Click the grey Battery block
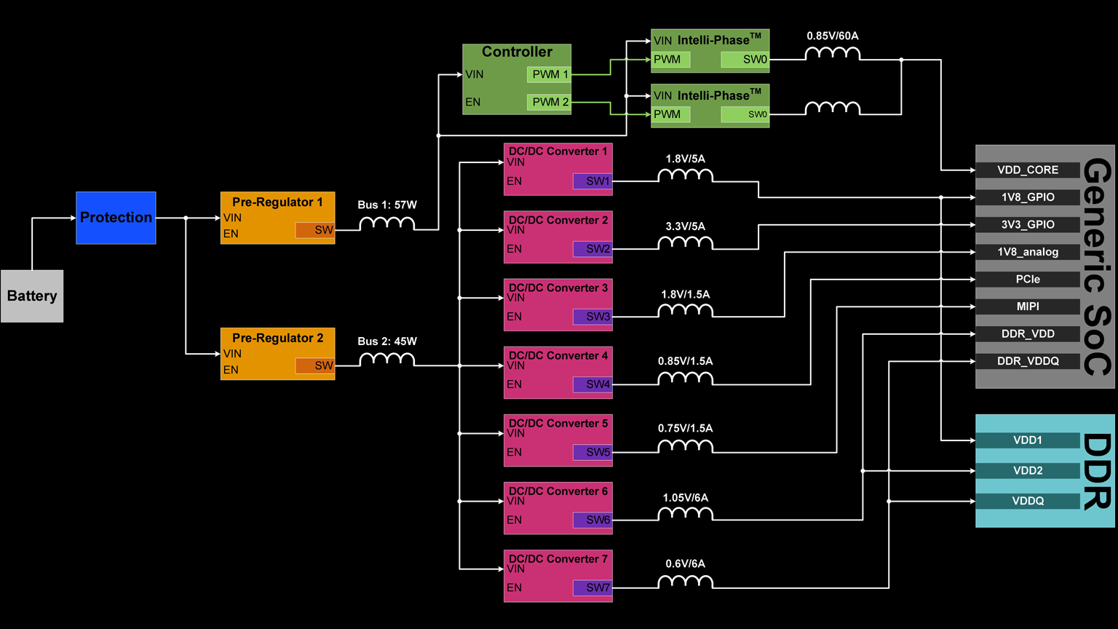(x=32, y=296)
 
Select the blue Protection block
(x=116, y=218)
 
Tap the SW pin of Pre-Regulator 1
(x=314, y=230)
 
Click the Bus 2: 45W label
(x=386, y=341)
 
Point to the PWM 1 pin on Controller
(x=549, y=74)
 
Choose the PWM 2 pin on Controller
(x=549, y=102)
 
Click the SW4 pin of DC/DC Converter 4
(x=592, y=384)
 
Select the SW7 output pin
(x=592, y=588)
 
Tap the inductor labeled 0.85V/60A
(x=832, y=53)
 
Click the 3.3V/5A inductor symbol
(x=685, y=242)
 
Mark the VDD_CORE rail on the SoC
(x=1027, y=170)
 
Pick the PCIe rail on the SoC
(x=1027, y=279)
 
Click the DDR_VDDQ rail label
(x=1027, y=361)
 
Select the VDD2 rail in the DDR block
(x=1027, y=470)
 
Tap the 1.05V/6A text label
(x=685, y=498)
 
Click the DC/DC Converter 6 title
(x=558, y=491)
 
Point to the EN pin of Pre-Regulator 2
(x=231, y=370)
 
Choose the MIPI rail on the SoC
(x=1027, y=306)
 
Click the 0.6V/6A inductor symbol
(x=685, y=582)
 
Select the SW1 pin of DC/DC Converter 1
(x=592, y=181)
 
